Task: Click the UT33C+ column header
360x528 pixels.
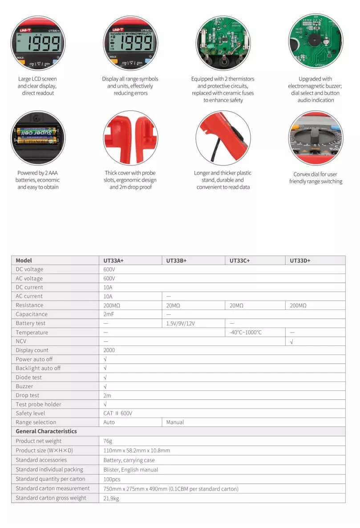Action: (x=240, y=260)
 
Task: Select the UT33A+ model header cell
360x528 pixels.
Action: (x=113, y=260)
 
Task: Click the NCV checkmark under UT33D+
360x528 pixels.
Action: (x=291, y=341)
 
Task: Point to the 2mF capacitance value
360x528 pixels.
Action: (x=109, y=314)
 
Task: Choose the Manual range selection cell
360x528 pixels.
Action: (x=175, y=422)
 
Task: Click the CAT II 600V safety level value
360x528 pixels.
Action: (x=117, y=413)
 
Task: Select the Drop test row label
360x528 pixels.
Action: (x=27, y=395)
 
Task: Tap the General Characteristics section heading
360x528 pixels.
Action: (x=46, y=431)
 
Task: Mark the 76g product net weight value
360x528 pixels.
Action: (x=108, y=441)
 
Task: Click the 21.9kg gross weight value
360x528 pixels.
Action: (x=111, y=498)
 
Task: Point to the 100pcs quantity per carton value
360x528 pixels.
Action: (x=112, y=479)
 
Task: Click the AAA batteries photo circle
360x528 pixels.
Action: (x=37, y=138)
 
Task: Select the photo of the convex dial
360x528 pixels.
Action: (x=316, y=138)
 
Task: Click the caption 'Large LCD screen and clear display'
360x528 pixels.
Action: (x=37, y=86)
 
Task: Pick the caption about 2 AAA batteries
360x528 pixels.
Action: (x=38, y=180)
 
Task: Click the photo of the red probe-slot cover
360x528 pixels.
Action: (x=130, y=138)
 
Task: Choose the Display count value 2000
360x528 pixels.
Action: (x=109, y=350)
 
